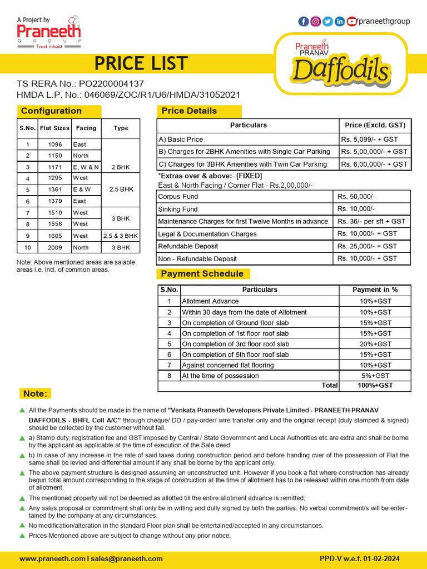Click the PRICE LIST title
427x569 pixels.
pyautogui.click(x=141, y=64)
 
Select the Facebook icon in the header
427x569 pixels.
pyautogui.click(x=304, y=22)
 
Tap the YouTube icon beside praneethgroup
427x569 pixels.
pyautogui.click(x=352, y=22)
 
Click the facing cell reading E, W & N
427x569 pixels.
pyautogui.click(x=86, y=167)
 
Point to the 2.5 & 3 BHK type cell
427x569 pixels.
pyautogui.click(x=121, y=236)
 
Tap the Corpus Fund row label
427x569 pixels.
pyautogui.click(x=178, y=197)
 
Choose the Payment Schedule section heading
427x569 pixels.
pyautogui.click(x=202, y=274)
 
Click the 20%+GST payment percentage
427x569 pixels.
pyautogui.click(x=375, y=344)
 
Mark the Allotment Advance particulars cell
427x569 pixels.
pyautogui.click(x=210, y=301)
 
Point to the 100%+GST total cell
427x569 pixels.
pyautogui.click(x=375, y=385)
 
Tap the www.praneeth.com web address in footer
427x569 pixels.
pyautogui.click(x=52, y=558)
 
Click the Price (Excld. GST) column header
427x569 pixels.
pyautogui.click(x=375, y=125)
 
